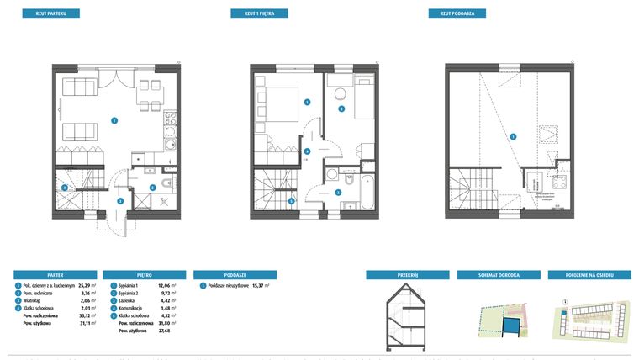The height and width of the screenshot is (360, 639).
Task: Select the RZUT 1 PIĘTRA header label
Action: coord(260,13)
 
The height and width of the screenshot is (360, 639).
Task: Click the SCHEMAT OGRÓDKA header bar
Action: coord(499,274)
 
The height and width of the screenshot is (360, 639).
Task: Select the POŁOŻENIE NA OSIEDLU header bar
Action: coord(589,274)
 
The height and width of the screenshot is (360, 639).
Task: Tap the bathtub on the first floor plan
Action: coord(367,191)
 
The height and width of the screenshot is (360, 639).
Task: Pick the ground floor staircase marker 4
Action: coord(65,187)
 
